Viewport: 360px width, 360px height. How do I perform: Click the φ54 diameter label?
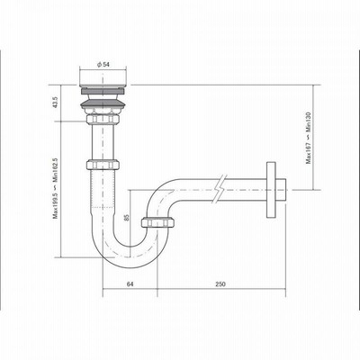click(103, 65)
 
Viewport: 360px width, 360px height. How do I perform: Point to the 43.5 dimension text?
click(55, 103)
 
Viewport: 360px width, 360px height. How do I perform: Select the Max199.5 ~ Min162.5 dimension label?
click(56, 188)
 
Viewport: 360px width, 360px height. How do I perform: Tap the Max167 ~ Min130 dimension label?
click(309, 138)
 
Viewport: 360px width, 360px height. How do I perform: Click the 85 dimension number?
click(126, 217)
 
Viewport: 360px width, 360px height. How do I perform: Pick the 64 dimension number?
click(130, 283)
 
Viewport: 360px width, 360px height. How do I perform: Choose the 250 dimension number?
click(220, 283)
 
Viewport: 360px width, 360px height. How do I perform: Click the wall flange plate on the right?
click(271, 190)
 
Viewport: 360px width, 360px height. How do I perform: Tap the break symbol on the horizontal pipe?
click(220, 189)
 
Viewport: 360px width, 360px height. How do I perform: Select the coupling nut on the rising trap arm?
click(158, 221)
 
